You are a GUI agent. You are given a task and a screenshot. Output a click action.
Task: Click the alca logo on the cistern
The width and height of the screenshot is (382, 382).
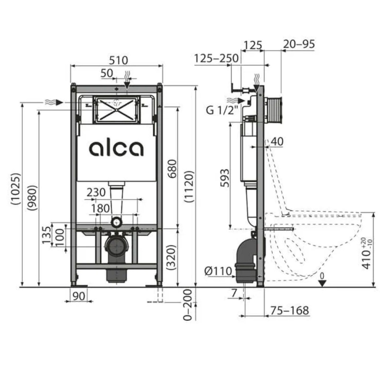(x=116, y=148)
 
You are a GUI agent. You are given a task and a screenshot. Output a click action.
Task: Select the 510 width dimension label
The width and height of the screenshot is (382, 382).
(x=118, y=60)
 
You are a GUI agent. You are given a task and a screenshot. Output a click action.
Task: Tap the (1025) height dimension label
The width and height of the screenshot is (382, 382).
(x=16, y=189)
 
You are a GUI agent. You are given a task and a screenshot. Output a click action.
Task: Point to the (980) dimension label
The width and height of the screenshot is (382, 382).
(x=32, y=198)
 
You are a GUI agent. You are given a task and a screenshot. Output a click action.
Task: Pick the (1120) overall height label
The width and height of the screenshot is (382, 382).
(x=189, y=186)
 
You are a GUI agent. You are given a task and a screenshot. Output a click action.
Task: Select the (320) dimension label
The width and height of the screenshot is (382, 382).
(x=171, y=257)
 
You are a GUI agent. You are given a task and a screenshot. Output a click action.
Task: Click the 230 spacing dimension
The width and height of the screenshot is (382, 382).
(x=96, y=193)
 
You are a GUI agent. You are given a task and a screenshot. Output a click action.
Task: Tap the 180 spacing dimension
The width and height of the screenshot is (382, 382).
(x=100, y=209)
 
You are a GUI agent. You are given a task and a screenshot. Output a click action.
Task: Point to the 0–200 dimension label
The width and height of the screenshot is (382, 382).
(x=188, y=305)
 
